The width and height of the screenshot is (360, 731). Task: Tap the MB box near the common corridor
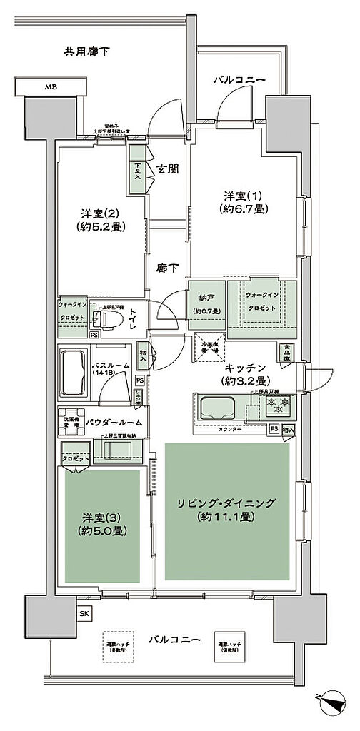tap(51, 87)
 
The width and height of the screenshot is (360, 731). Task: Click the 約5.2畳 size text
tap(101, 226)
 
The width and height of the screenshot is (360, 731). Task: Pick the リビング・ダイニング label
tap(228, 503)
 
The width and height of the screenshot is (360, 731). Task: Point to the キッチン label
tap(244, 368)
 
